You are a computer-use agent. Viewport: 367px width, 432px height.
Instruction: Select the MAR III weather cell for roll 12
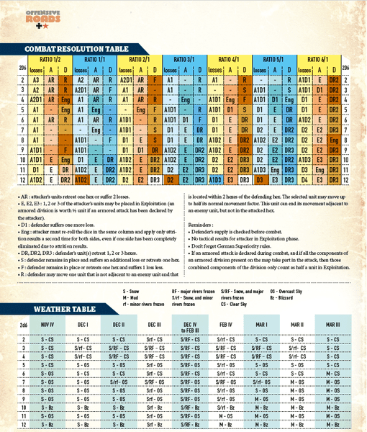333,426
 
